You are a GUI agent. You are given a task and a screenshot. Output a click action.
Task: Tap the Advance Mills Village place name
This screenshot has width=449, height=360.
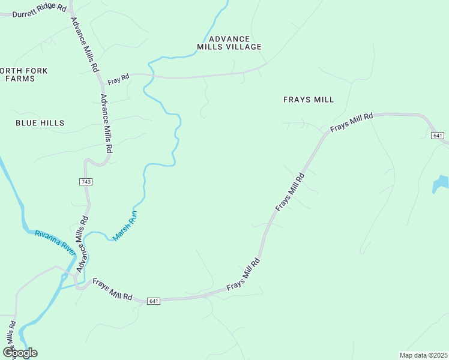point(230,42)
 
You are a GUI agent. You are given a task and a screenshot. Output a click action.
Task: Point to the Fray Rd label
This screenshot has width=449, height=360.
point(118,78)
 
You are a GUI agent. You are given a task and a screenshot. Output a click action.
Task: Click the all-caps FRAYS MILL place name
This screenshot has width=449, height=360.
point(308,100)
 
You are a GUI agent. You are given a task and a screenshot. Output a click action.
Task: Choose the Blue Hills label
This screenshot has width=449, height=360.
point(40,123)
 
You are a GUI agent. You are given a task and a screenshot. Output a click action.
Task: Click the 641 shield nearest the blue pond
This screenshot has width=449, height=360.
point(437,136)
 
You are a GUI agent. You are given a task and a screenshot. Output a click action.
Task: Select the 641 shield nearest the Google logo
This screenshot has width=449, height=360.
point(154,301)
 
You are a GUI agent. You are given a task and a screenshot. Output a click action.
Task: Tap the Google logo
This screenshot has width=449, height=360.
point(20,352)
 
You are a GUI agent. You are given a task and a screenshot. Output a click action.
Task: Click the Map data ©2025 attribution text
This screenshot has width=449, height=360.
point(423,355)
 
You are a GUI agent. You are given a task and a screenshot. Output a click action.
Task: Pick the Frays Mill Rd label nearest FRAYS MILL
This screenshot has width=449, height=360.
point(352,123)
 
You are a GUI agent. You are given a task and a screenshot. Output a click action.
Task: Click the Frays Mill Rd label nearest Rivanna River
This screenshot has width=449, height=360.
point(112,289)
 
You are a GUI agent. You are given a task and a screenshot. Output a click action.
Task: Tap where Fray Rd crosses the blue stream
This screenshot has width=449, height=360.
point(152,76)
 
